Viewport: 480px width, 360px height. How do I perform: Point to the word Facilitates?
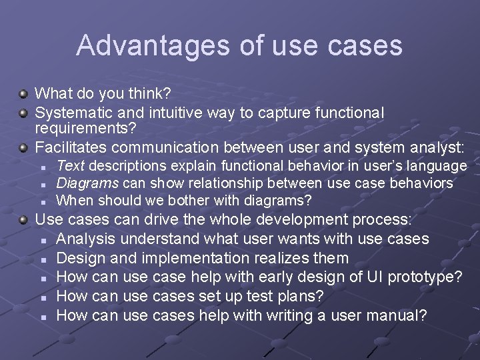pyautogui.click(x=71, y=147)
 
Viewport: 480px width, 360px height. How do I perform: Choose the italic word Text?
pyautogui.click(x=71, y=165)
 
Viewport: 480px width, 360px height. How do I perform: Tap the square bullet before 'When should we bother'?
pyautogui.click(x=41, y=201)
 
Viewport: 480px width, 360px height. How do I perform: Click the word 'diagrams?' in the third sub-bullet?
pyautogui.click(x=282, y=200)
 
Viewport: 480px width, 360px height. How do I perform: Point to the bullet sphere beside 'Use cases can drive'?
pyautogui.click(x=23, y=220)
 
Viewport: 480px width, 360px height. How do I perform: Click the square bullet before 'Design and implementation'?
pyautogui.click(x=41, y=259)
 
